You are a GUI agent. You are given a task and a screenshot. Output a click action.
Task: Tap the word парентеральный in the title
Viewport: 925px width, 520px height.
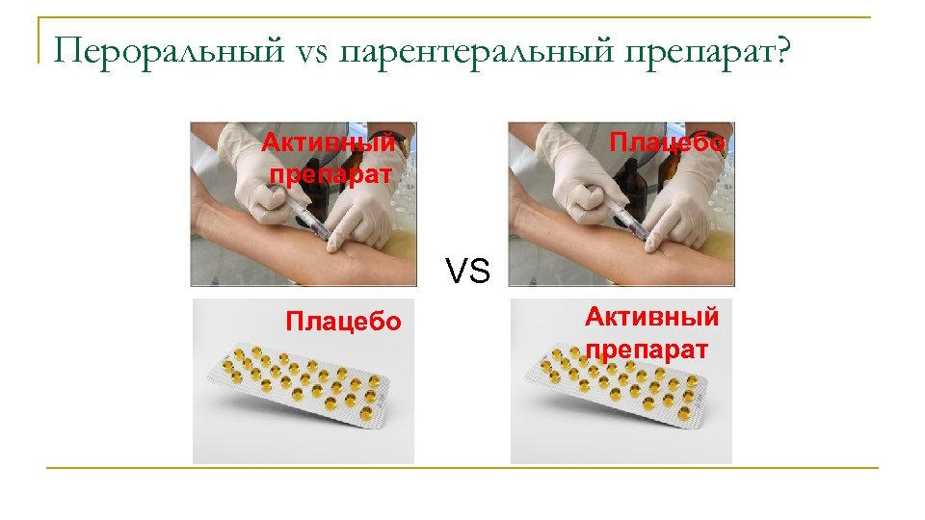click(460, 50)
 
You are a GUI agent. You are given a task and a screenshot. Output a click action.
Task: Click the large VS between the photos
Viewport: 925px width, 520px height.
click(467, 272)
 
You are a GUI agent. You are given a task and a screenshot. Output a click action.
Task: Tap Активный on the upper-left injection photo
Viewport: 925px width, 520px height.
click(329, 143)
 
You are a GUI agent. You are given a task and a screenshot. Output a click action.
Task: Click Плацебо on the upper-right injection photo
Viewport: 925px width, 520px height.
click(668, 143)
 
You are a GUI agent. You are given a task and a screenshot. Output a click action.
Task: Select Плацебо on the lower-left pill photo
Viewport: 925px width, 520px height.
click(343, 321)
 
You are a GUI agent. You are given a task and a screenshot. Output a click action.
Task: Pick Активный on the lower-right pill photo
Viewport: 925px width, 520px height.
click(652, 317)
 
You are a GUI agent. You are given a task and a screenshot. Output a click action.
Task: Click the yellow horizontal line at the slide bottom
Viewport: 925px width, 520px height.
click(462, 469)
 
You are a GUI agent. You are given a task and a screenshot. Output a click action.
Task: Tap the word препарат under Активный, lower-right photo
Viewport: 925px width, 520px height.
click(647, 348)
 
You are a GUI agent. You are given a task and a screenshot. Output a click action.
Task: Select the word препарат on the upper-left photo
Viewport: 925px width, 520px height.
click(330, 174)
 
